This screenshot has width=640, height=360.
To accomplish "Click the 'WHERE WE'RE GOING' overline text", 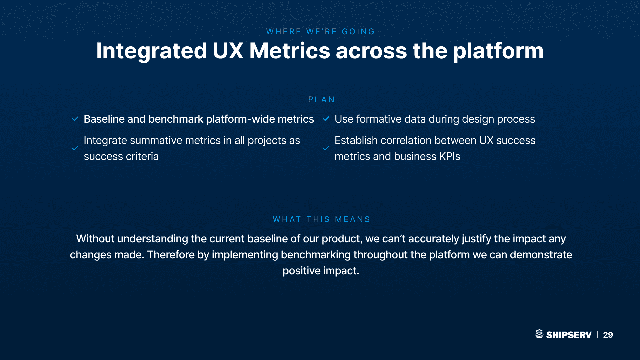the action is point(320,32).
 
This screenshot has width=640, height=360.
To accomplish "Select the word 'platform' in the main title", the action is point(498,51).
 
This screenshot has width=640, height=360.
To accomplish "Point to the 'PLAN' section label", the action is point(321,100).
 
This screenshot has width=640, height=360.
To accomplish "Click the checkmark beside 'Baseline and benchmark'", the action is point(75,119).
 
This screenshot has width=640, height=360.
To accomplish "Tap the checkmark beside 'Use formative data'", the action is point(326,119).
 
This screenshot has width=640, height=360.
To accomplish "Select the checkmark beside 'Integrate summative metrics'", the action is point(75,148).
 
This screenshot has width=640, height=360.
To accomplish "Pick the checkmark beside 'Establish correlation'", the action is point(326,148).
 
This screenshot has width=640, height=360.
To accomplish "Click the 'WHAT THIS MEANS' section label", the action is point(321,219).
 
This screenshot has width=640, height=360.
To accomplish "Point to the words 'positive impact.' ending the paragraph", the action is point(321,271).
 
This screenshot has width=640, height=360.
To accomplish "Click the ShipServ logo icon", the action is point(539,334).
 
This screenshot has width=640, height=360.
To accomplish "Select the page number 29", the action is point(608,335).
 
